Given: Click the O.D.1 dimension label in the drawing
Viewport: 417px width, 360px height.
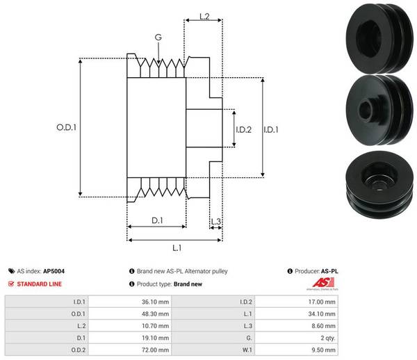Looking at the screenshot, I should (x=66, y=128).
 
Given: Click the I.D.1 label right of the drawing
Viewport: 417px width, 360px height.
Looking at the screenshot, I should (x=272, y=129).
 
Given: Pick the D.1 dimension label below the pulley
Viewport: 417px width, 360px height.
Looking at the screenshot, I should (x=156, y=221).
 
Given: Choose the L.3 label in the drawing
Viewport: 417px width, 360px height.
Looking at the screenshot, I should (x=215, y=222).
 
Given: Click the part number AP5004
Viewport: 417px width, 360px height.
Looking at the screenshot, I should (x=54, y=271).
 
